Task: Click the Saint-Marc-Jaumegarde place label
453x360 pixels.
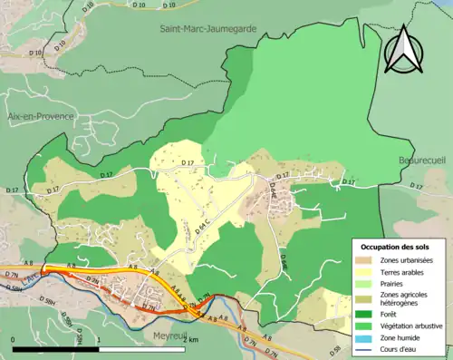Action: [207, 28]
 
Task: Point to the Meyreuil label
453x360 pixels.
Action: [165, 333]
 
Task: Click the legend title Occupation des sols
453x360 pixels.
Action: [395, 247]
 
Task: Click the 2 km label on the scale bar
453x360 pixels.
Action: [187, 339]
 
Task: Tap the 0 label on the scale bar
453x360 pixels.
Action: [13, 339]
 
